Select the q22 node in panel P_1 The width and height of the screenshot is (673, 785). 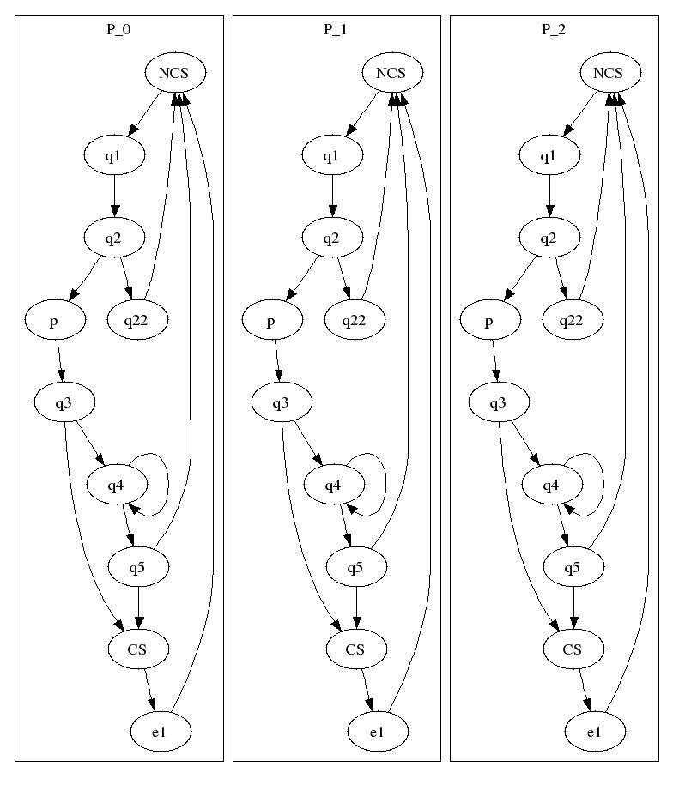coord(355,321)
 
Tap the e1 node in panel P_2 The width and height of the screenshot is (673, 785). coord(594,732)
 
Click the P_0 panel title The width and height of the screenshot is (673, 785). coord(118,29)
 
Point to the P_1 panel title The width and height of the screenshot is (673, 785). coord(336,29)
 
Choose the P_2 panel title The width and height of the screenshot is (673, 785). coord(554,29)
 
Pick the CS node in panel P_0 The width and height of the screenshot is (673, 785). coord(137,649)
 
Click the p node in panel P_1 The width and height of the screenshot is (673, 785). coord(271,321)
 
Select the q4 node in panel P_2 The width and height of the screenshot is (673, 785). coord(551,486)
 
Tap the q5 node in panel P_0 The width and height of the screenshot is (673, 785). coord(137,567)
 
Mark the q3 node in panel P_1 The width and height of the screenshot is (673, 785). coord(282,403)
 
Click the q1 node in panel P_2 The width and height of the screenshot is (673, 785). coord(549,155)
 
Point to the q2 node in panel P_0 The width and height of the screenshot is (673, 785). coord(113,238)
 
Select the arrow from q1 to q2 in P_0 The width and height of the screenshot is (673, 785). coord(114,196)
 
